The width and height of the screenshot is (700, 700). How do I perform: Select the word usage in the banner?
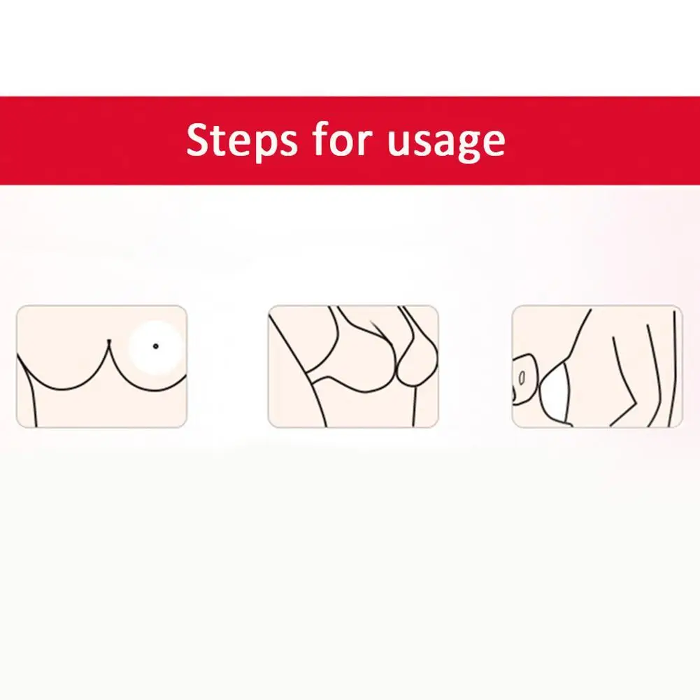pyautogui.click(x=445, y=144)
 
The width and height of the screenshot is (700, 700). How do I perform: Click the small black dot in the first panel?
pyautogui.click(x=155, y=345)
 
